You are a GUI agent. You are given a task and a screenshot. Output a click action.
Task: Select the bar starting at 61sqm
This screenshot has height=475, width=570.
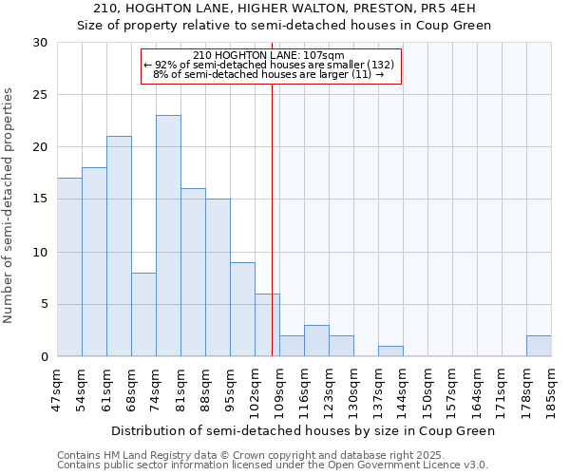coord(119,246)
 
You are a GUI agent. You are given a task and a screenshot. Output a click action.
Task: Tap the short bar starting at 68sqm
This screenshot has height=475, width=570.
coord(143,314)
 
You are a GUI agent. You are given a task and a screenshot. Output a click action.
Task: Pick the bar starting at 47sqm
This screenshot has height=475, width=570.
coord(69,267)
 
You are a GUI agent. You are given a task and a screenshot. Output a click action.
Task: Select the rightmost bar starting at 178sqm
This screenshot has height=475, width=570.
coord(539,346)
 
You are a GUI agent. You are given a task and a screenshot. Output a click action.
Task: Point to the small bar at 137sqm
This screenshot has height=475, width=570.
coord(390,351)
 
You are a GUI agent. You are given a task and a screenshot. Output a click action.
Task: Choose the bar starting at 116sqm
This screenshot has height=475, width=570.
coord(316,341)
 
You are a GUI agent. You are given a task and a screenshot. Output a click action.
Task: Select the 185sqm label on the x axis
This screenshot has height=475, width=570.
coord(551,389)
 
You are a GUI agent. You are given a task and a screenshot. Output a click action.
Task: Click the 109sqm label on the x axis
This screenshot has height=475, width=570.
coord(279,389)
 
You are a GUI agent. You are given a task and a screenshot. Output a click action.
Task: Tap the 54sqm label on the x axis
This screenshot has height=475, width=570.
coord(82,389)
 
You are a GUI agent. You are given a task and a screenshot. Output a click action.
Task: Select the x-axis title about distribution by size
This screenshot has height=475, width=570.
coord(303,430)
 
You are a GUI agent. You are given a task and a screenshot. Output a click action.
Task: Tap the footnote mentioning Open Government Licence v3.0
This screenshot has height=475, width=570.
coord(273,465)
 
